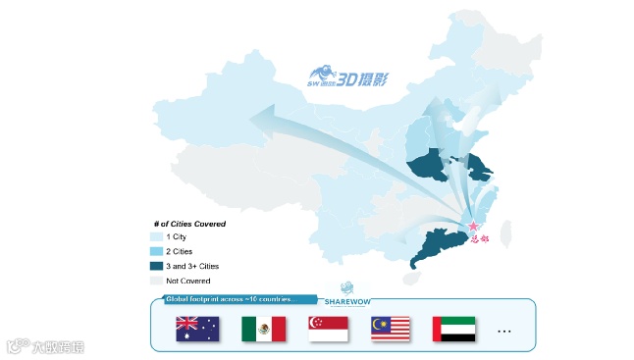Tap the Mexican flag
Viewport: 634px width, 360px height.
[x=263, y=329]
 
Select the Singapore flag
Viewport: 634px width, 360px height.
[x=328, y=329]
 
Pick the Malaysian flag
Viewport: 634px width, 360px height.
[x=390, y=329]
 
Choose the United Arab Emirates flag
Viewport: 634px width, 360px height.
[x=453, y=329]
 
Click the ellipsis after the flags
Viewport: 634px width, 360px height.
[x=504, y=332]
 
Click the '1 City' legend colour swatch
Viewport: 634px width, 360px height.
[x=157, y=236]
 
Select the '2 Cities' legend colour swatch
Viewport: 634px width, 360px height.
[x=157, y=251]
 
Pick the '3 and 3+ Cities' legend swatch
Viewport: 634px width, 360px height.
[x=157, y=266]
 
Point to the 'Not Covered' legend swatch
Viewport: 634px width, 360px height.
[x=157, y=281]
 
